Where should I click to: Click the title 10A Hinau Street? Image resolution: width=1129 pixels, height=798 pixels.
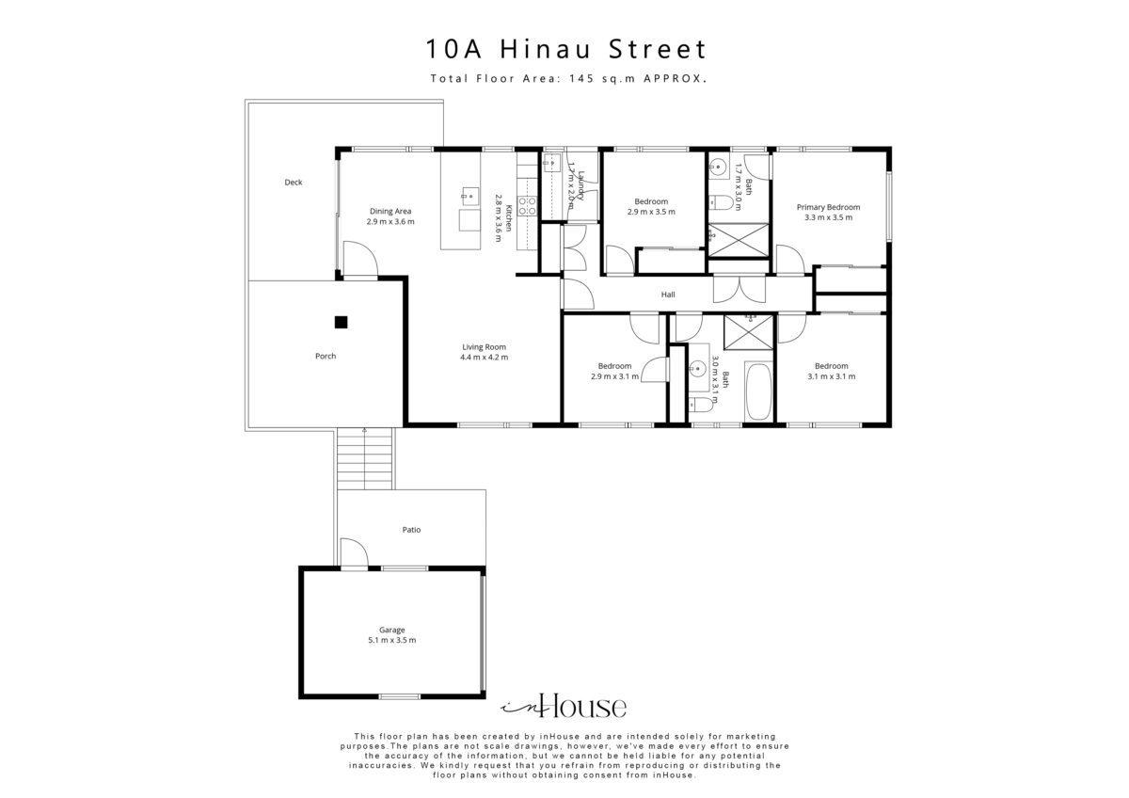click(x=565, y=49)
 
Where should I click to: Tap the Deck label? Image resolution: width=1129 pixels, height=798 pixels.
click(x=294, y=183)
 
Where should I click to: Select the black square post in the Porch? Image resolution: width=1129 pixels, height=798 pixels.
click(x=342, y=322)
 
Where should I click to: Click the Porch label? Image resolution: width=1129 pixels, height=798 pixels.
click(x=326, y=356)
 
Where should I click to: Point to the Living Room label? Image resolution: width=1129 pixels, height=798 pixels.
click(x=484, y=347)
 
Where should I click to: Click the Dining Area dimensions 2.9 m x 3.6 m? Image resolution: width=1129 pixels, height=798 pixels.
click(x=390, y=221)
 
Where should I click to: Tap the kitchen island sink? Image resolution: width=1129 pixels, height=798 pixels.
click(x=470, y=195)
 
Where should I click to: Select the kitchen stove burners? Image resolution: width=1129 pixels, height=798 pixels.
click(x=528, y=206)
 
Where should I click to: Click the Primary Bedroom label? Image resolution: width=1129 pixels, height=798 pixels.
click(x=828, y=207)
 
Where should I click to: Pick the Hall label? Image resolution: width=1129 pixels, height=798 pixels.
click(x=668, y=295)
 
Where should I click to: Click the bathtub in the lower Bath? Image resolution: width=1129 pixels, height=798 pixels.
click(x=758, y=391)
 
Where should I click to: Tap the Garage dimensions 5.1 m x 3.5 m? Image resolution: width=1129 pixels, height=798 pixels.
click(x=392, y=640)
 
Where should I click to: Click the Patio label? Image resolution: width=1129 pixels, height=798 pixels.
click(x=411, y=530)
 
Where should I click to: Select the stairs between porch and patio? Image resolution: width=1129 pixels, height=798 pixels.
click(x=364, y=458)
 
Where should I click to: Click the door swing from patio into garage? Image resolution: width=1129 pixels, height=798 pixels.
click(x=355, y=553)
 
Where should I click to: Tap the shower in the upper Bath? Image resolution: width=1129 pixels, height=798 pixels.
click(x=739, y=240)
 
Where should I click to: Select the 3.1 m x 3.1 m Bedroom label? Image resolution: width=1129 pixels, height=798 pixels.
click(x=831, y=371)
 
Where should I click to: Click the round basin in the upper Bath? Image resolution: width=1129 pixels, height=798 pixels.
click(x=718, y=166)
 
